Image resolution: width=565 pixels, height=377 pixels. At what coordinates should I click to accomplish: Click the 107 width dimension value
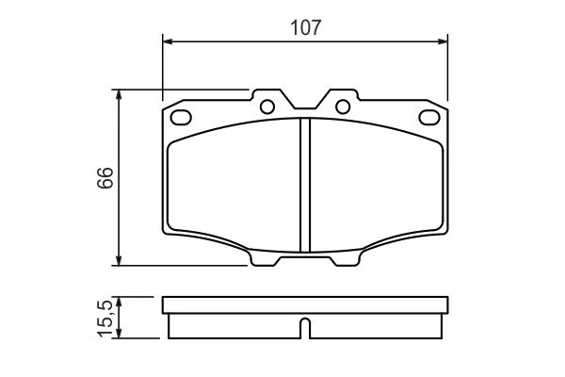tap(305, 27)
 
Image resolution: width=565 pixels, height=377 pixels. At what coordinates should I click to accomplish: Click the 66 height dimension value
tap(105, 177)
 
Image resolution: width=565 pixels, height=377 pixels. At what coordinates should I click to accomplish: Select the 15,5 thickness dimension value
tap(105, 319)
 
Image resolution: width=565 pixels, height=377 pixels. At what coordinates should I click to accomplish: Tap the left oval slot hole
tap(181, 117)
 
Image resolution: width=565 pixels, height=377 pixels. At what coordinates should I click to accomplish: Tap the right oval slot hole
tap(429, 117)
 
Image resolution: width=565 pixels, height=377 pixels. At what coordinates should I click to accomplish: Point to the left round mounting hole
tap(267, 107)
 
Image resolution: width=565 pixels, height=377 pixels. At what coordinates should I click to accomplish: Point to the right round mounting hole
tap(343, 107)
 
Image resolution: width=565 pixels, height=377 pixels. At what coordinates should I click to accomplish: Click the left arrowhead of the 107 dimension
tap(169, 41)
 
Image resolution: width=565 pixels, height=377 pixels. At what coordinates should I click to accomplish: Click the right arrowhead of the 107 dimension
tap(443, 41)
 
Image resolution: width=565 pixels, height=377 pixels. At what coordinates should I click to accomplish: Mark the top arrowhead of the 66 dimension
tap(119, 95)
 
